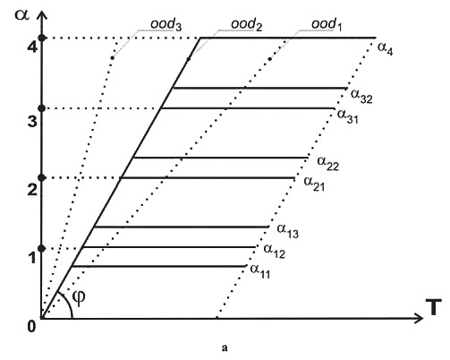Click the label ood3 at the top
pos(166,25)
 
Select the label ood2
pos(247,25)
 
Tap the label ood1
pos(327,25)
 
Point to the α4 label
pos(386,49)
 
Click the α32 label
pos(361,97)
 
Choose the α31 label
pos(348,116)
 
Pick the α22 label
pos(328,164)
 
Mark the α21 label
pos(314,184)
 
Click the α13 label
pos(288,231)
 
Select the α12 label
pos(275,252)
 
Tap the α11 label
pos(260,271)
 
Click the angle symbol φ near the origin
pos(79,297)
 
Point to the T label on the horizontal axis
pos(436,307)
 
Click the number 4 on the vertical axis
pos(32,47)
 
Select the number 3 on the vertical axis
pos(32,122)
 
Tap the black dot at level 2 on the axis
pos(42,178)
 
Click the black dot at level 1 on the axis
pos(42,248)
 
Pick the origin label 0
pos(31,327)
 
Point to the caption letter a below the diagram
pos(225,347)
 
